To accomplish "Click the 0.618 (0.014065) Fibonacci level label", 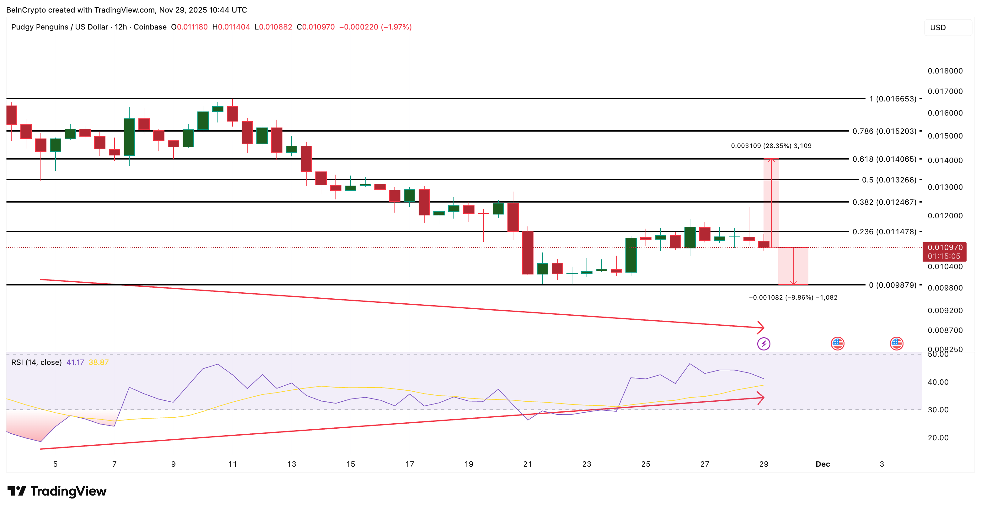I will coord(884,159).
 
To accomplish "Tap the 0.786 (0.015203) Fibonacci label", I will coord(884,131).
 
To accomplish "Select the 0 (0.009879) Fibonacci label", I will coord(892,285).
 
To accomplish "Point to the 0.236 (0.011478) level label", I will coord(884,232).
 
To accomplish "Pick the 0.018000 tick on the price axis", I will coord(945,71).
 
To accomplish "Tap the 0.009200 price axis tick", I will coord(945,311).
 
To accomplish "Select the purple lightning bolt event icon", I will coord(764,344).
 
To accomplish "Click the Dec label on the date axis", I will coord(823,464).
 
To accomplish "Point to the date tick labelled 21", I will coord(528,464).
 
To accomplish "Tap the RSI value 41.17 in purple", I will coord(75,362).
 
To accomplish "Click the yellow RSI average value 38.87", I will coord(99,362).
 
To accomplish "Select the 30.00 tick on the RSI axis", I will coord(938,410).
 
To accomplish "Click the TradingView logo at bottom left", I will coord(57,491).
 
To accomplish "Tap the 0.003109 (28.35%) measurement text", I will coord(771,146).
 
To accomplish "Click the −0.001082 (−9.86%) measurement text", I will coord(793,298).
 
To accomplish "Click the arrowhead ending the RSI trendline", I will coord(761,398).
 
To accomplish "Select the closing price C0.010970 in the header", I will coord(316,27).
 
